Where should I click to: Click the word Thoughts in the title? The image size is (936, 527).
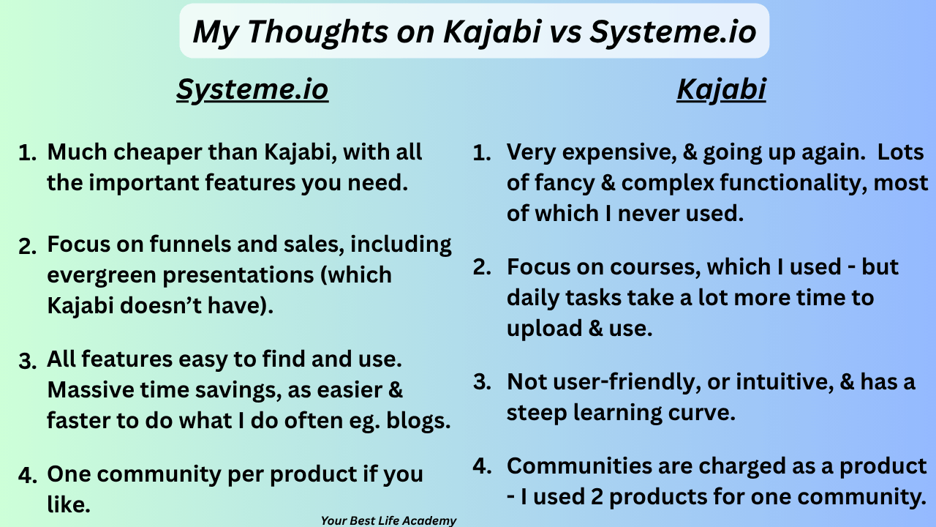click(x=318, y=32)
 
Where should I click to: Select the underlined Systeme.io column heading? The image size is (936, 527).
click(x=252, y=90)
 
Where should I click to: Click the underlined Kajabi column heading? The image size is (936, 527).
click(x=721, y=90)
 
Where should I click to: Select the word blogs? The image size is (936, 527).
click(x=418, y=421)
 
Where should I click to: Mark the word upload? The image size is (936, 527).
click(x=545, y=329)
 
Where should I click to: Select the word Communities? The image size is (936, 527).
click(x=579, y=466)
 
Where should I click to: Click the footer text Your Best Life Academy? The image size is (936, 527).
click(x=388, y=520)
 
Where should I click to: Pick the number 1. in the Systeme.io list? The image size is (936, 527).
click(x=27, y=153)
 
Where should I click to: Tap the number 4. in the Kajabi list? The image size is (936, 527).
click(x=482, y=466)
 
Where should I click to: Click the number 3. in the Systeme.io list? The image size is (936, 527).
click(x=28, y=361)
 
